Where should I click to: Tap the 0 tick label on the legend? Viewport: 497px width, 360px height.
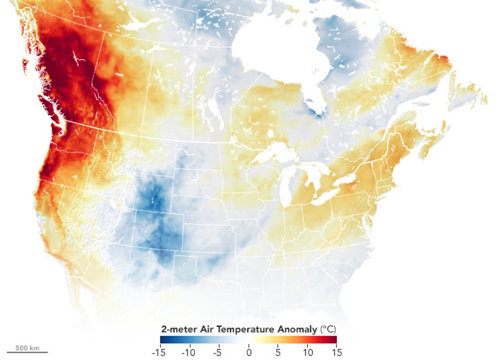point(248,353)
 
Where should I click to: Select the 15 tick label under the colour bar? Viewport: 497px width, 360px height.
point(337,353)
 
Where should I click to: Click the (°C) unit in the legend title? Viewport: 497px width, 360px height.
point(328,330)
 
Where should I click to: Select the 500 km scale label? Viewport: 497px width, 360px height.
point(27,348)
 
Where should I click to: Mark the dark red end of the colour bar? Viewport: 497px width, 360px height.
point(334,340)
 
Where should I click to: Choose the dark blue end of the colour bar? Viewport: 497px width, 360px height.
point(163,340)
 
